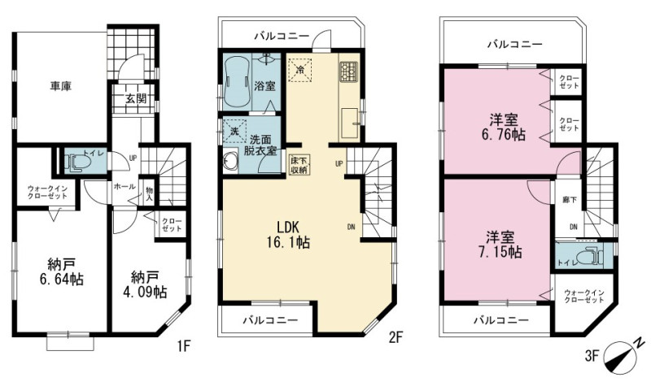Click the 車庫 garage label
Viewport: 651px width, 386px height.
(x=60, y=86)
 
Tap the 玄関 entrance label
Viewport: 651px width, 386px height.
(x=136, y=98)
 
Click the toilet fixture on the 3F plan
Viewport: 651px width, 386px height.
(x=590, y=255)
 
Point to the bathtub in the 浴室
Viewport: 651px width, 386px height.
(x=235, y=82)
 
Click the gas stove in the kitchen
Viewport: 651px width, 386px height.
(x=348, y=71)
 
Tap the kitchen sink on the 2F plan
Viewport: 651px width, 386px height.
(x=350, y=124)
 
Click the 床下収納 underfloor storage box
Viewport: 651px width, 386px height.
(x=299, y=165)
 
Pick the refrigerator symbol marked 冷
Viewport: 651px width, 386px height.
(x=299, y=70)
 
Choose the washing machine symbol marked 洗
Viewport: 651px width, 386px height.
(x=234, y=131)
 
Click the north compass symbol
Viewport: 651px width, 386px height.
(x=623, y=353)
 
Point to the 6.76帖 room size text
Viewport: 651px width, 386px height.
(x=502, y=135)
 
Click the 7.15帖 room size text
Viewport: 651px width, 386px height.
(x=500, y=252)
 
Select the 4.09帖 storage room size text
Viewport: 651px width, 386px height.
(x=145, y=292)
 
